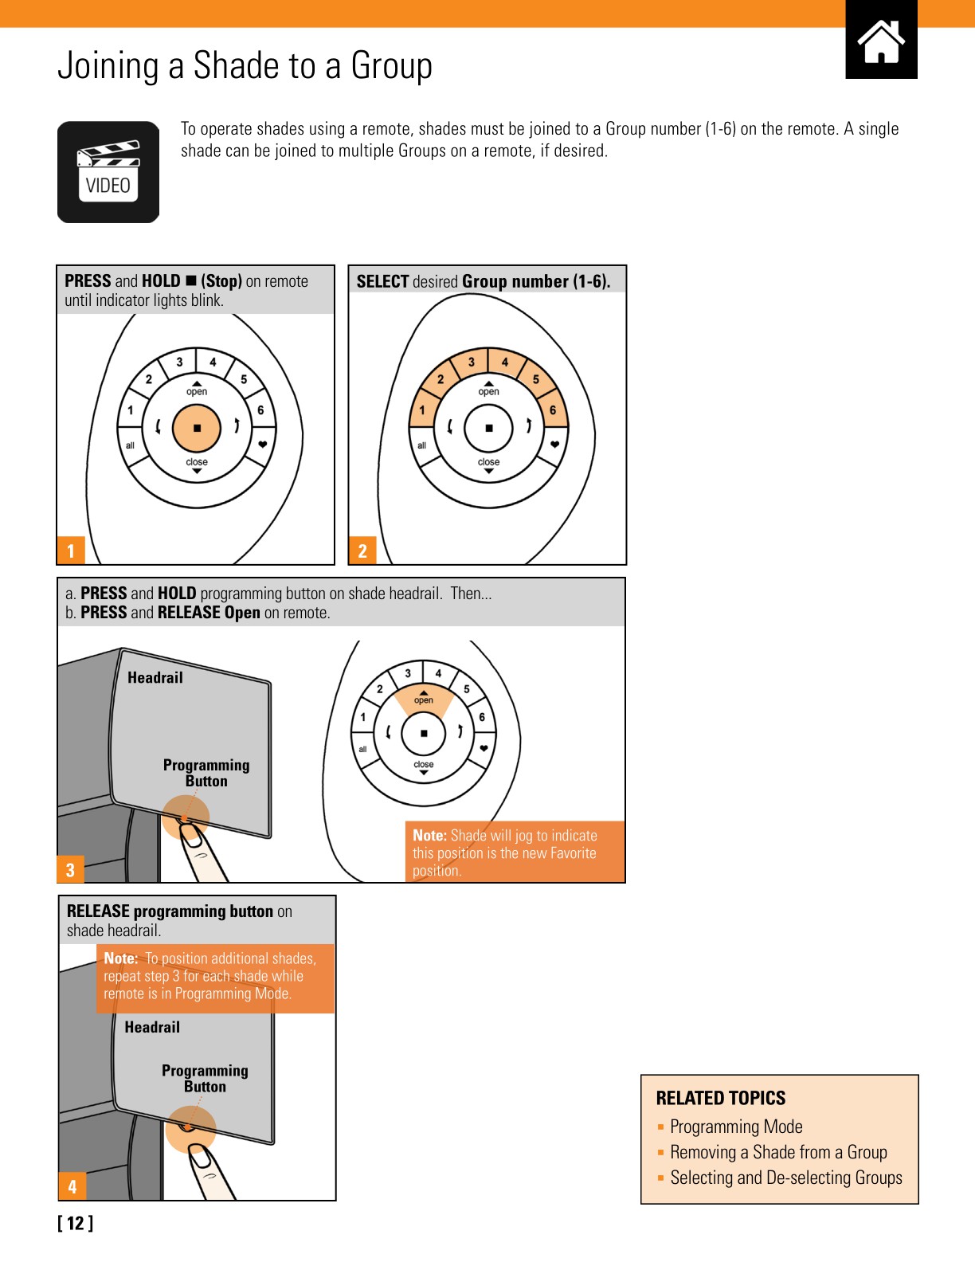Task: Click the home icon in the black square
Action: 881,41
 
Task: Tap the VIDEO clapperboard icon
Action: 108,172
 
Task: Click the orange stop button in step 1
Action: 197,428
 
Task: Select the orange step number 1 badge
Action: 70,551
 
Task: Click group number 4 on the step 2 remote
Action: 504,363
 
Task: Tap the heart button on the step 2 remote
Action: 554,445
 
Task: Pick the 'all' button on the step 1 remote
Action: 130,445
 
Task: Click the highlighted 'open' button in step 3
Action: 424,700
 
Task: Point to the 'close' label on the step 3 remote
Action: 424,764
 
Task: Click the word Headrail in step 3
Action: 155,678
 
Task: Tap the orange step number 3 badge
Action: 70,869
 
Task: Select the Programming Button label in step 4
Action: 205,1079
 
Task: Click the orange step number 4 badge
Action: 72,1186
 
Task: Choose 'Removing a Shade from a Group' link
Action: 778,1152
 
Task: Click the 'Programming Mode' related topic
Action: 736,1127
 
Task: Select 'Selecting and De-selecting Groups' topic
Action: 786,1178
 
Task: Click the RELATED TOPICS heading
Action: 720,1098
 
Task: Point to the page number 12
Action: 76,1223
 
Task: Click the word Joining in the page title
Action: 108,65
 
